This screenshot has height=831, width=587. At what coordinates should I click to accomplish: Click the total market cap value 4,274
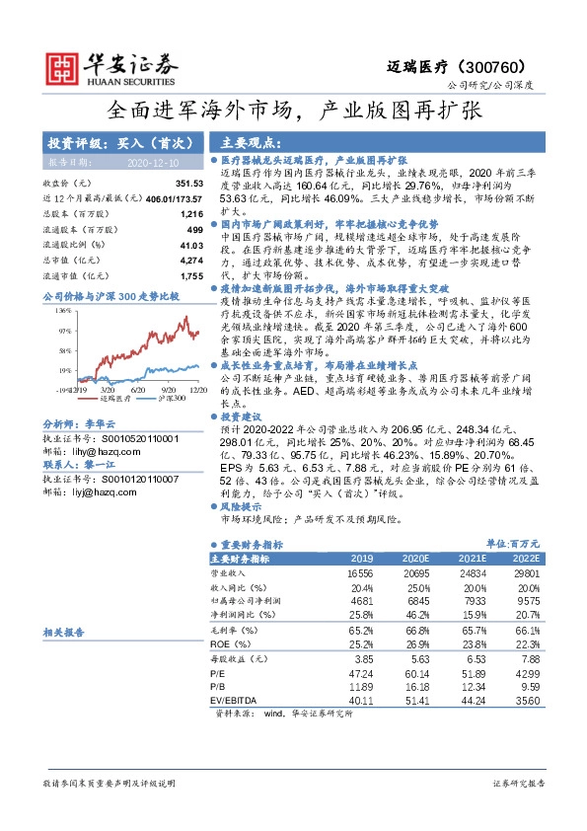click(190, 259)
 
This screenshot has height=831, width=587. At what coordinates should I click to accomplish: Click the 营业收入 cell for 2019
click(359, 572)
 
